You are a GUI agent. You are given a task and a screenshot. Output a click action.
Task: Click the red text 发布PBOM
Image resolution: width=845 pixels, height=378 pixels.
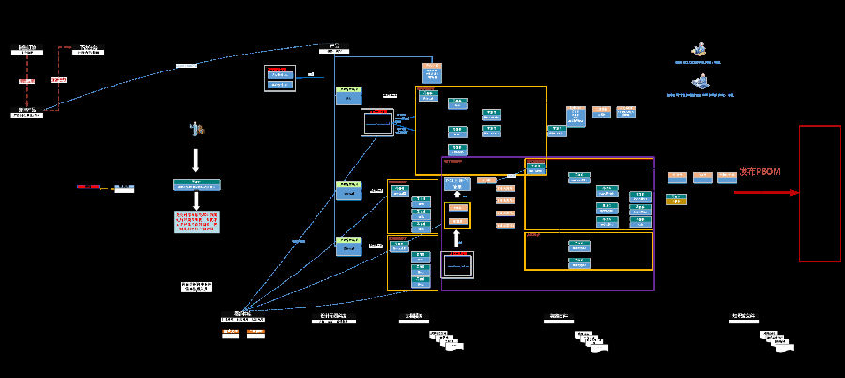760,172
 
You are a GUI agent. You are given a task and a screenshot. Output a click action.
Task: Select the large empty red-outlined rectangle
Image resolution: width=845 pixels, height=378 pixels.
820,194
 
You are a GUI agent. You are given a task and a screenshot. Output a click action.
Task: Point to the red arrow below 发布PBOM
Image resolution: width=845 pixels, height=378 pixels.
765,193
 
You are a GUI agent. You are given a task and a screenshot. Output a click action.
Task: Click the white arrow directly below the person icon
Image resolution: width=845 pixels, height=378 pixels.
196,158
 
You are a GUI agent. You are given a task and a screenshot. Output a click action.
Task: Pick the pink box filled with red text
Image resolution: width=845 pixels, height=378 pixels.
196,223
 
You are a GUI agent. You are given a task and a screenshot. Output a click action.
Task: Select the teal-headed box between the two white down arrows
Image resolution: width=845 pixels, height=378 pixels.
196,184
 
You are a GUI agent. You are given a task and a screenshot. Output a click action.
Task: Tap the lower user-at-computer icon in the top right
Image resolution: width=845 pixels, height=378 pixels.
699,83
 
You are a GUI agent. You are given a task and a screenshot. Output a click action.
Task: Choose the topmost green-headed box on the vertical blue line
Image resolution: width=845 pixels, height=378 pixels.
349,95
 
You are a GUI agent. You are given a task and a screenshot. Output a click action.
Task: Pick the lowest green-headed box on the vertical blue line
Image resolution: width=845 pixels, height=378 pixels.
349,246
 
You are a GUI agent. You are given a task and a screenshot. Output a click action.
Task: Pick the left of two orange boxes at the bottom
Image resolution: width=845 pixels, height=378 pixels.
230,333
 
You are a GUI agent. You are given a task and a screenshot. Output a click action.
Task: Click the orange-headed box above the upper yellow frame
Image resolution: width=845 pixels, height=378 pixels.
432,72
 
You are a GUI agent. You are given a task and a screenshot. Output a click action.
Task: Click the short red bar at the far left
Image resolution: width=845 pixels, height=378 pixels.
88,187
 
